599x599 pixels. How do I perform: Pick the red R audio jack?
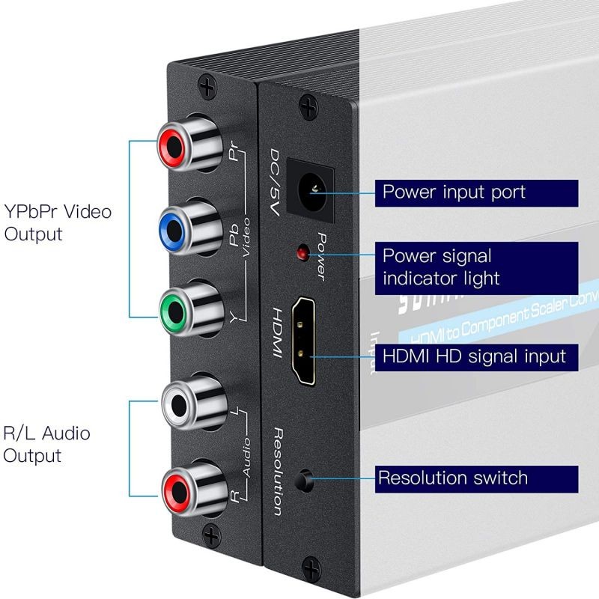pos(178,489)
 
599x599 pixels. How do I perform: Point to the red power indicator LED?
pos(303,252)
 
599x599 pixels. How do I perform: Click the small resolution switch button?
pos(305,480)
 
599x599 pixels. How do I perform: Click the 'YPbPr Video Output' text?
pos(57,222)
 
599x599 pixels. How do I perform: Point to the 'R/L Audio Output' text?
pos(46,444)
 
